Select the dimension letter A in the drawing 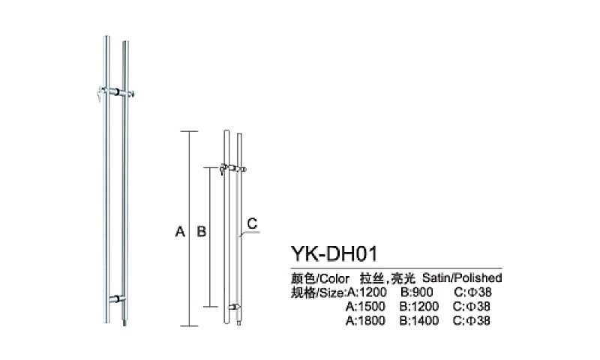coord(179,232)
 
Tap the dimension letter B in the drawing coord(201,232)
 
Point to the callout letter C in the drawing coord(252,223)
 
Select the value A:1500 coord(365,307)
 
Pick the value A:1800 coord(365,321)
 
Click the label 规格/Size coord(317,292)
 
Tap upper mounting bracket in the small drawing coord(232,169)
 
